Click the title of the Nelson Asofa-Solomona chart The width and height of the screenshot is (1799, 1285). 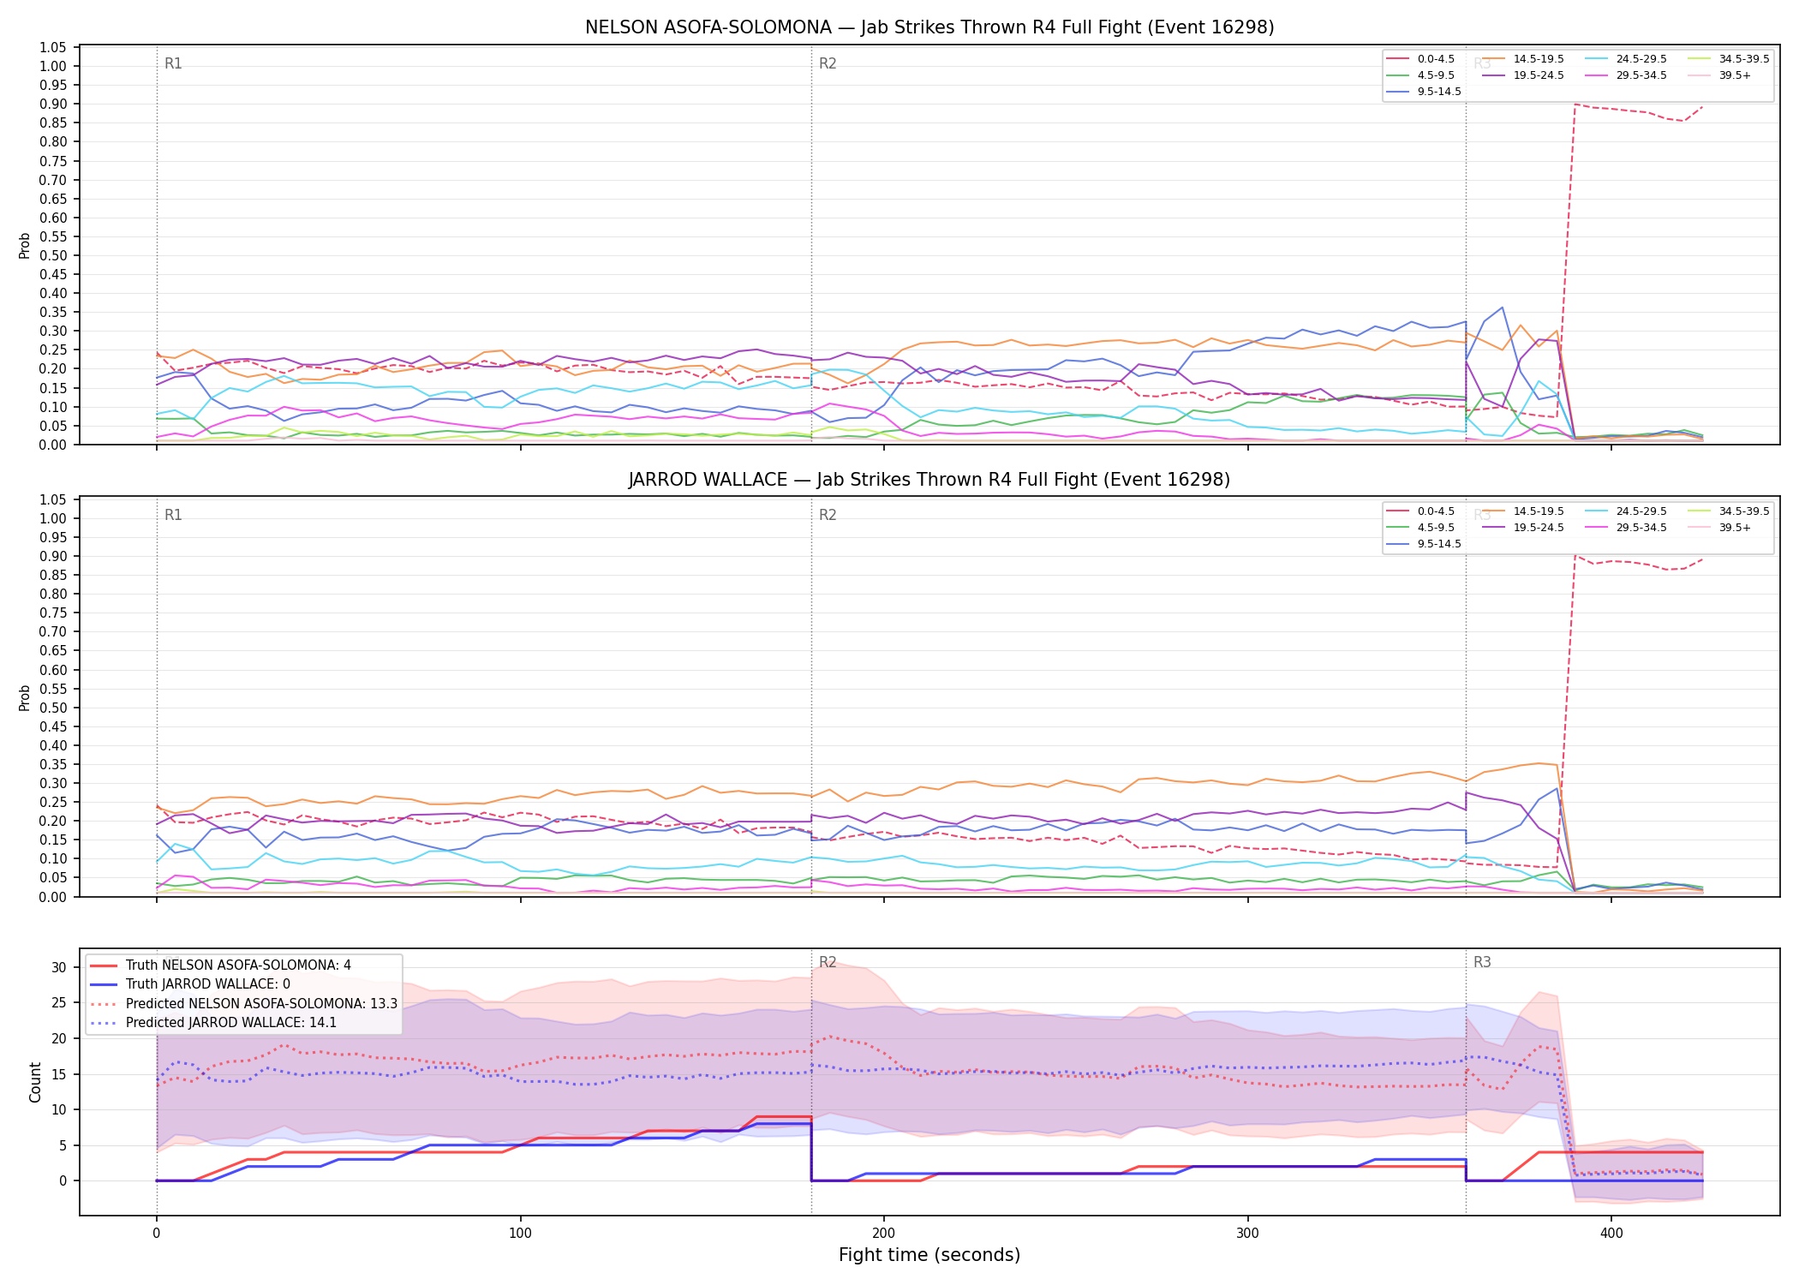tap(929, 27)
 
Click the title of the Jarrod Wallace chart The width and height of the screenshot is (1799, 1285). tap(929, 480)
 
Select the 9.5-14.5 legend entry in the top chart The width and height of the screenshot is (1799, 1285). tap(1424, 92)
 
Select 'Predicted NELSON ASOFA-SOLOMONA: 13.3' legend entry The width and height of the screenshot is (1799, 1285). tap(244, 1003)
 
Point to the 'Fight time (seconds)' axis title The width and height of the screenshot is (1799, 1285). tap(929, 1255)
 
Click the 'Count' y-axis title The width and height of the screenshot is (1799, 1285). tap(35, 1082)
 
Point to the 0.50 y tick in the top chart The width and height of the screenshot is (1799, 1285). tap(53, 255)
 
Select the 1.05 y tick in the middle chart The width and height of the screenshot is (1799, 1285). tap(53, 499)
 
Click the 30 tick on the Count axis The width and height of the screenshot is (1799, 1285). tap(58, 967)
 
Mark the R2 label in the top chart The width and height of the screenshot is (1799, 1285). tap(828, 63)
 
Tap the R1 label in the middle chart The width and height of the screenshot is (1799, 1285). tap(173, 515)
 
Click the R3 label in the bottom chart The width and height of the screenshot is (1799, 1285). tap(1482, 962)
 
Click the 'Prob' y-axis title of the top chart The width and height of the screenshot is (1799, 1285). tap(25, 245)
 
